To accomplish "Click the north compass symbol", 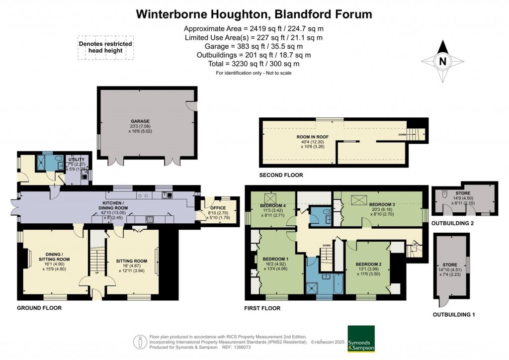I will click(442, 62).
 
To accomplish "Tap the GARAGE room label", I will click(140, 121).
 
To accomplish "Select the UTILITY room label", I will click(77, 160).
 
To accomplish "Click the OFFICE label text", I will click(217, 208).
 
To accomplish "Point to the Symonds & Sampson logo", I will click(361, 339).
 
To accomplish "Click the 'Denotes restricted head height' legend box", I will click(105, 47).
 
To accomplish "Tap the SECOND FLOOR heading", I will click(281, 175).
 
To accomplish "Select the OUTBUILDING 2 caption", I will click(452, 223).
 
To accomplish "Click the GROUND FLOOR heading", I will click(39, 308).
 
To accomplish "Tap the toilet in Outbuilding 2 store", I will click(445, 196).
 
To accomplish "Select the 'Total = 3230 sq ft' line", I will click(254, 64).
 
